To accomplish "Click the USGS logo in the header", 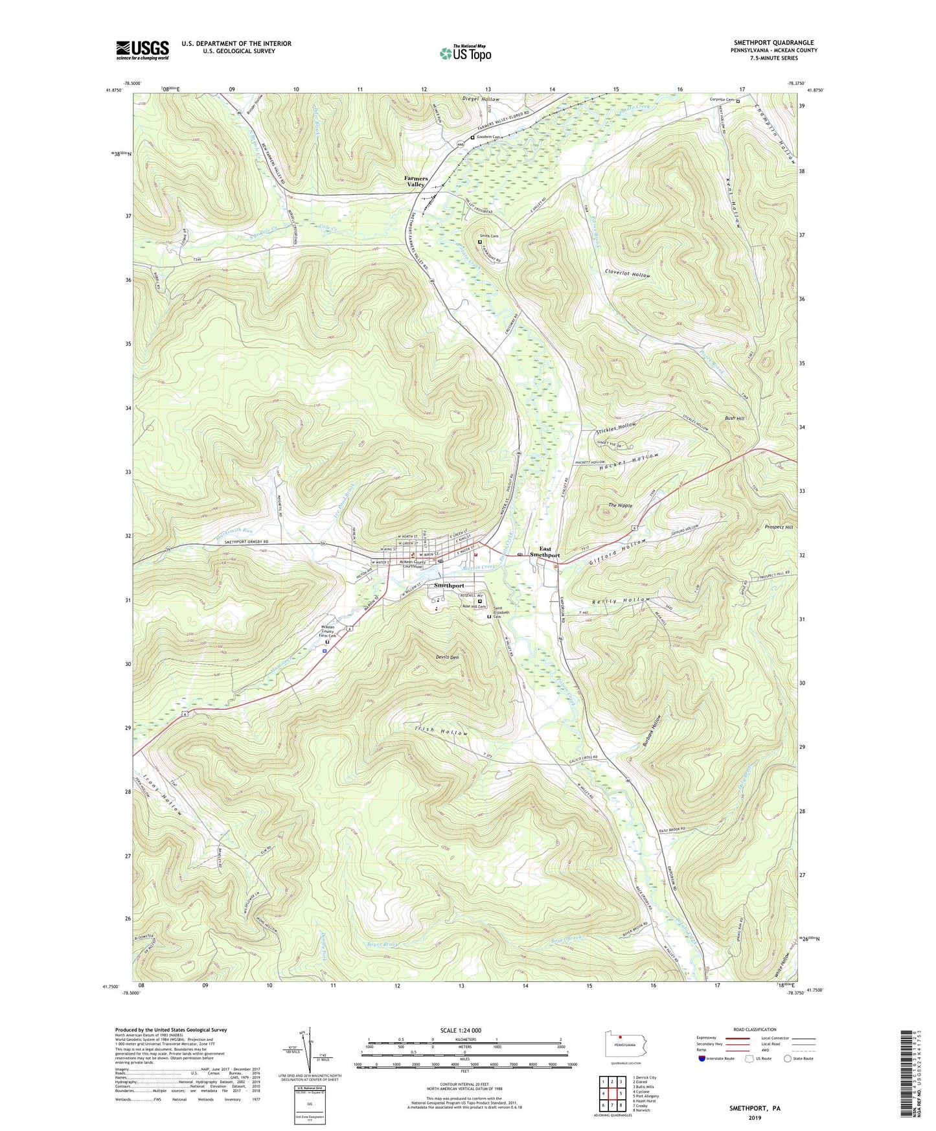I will click(x=143, y=50).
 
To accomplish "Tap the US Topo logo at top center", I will click(x=464, y=53).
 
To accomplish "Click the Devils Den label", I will click(x=447, y=657).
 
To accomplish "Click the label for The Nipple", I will click(x=620, y=505).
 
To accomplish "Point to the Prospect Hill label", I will click(x=779, y=527).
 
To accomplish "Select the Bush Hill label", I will click(x=735, y=418).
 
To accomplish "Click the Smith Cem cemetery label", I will click(x=489, y=236).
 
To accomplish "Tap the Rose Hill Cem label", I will click(x=474, y=606).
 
